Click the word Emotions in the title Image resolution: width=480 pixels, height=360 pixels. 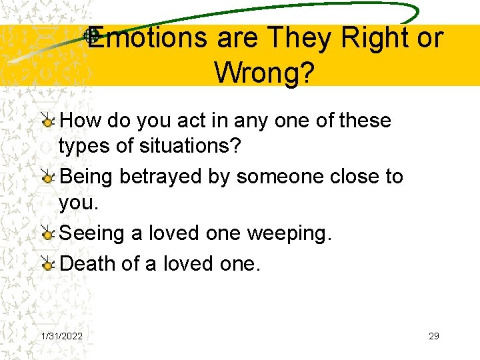(148, 38)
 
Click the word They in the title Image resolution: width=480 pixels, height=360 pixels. (300, 38)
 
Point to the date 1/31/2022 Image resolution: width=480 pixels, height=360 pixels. (62, 336)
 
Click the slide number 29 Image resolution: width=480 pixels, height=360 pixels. (434, 336)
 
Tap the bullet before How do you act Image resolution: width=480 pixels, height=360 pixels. (47, 121)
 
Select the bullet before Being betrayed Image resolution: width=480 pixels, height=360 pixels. (47, 177)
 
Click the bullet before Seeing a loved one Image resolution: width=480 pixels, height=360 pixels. (47, 234)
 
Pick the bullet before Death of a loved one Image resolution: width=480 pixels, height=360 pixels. (47, 265)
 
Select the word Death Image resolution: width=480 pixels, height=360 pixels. (88, 264)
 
